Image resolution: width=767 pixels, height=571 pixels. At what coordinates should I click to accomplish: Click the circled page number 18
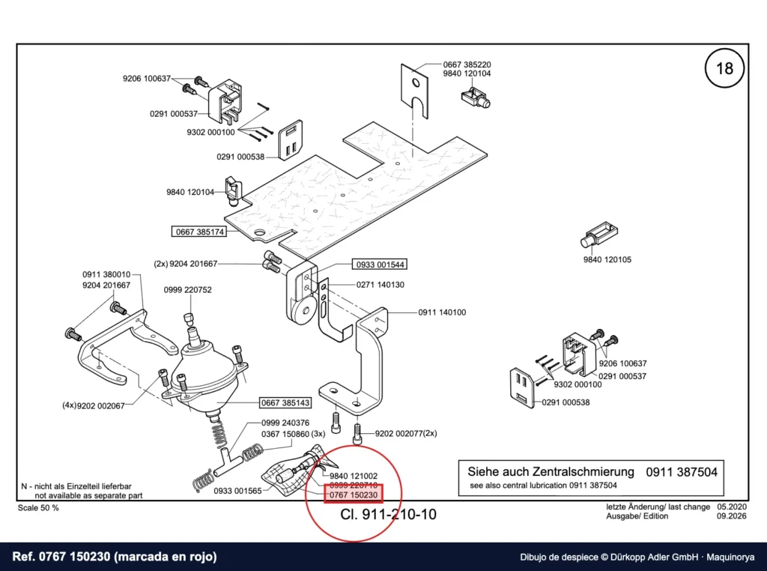coord(724,68)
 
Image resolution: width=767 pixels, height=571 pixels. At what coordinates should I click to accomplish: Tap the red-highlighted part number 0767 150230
coord(354,495)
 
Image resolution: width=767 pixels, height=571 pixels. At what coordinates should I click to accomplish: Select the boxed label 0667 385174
coord(200,232)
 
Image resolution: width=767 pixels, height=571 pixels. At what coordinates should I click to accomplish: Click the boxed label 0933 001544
coord(380,265)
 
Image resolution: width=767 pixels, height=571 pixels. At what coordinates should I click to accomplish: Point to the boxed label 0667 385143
coord(285,402)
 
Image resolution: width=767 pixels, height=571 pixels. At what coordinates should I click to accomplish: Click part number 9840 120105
coord(607,259)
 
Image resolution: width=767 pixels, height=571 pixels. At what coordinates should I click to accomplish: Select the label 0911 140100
coord(442,312)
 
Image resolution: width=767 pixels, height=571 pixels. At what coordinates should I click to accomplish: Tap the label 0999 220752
coord(188,290)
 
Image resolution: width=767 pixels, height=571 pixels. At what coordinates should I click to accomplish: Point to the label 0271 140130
coord(380,285)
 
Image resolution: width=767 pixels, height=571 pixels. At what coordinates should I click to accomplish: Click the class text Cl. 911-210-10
coord(388,514)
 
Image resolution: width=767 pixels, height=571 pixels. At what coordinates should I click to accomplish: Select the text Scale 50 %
coord(38,508)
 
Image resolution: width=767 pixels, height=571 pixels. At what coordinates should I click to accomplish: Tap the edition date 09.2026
coord(732,516)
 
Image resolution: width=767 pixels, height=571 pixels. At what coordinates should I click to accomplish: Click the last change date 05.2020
coord(732,507)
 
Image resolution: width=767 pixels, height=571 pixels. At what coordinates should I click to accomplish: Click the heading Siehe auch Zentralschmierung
coord(551,471)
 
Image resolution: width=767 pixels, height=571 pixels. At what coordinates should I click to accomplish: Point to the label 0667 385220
coord(467,64)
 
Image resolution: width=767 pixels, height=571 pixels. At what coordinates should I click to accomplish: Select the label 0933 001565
coord(237,490)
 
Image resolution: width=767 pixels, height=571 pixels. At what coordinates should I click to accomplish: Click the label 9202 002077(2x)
coord(406,433)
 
